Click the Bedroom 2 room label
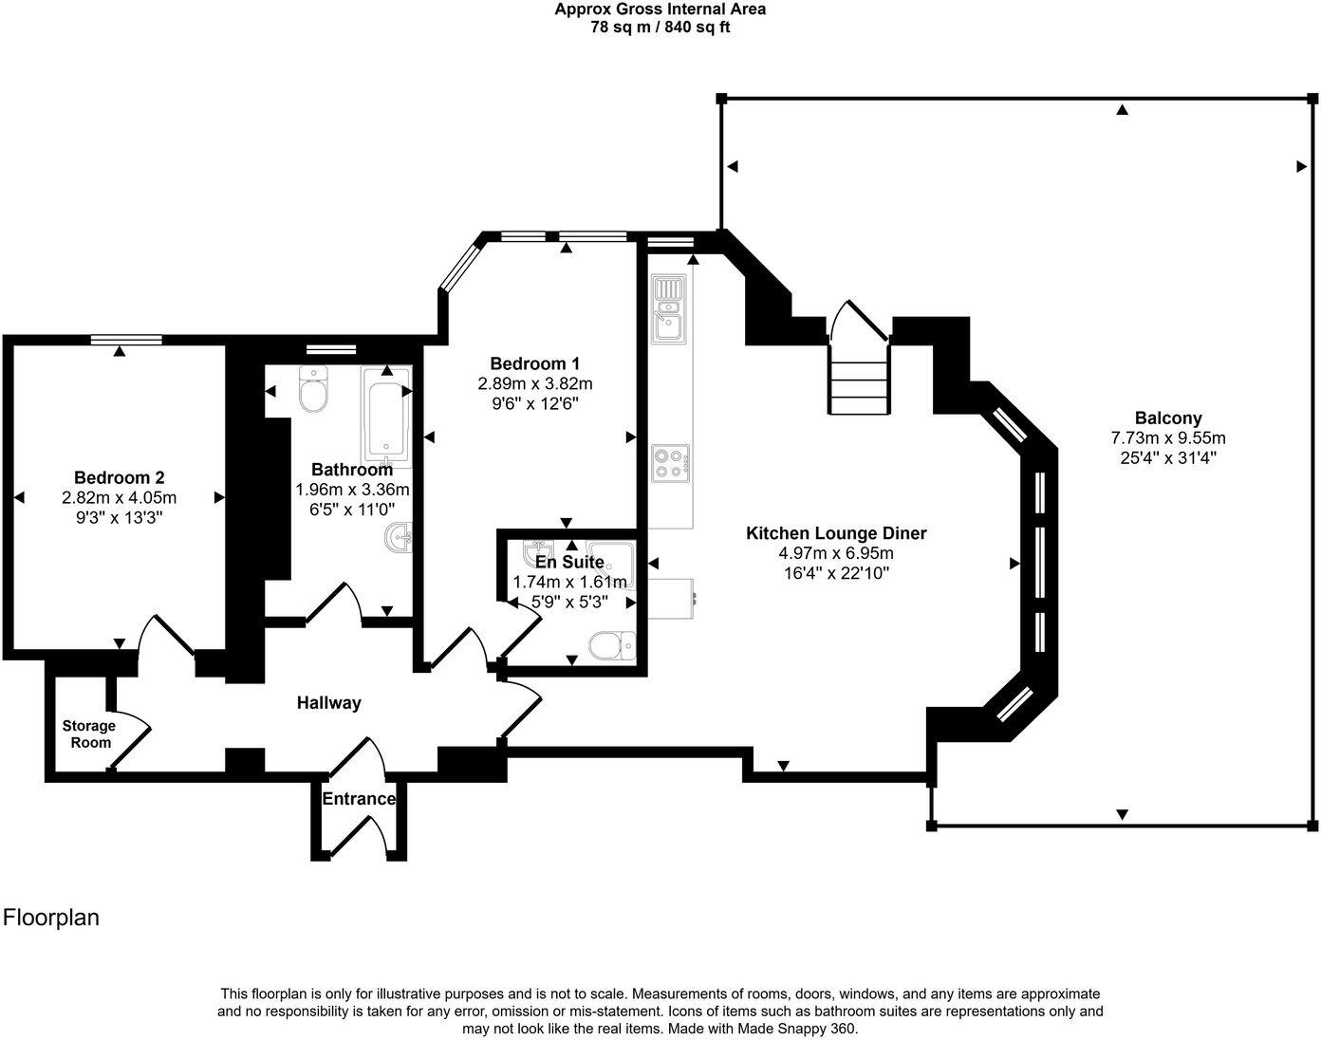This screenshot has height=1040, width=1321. [x=119, y=477]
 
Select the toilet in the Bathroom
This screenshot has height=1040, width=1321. [x=313, y=390]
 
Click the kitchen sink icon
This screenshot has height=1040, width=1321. [x=668, y=308]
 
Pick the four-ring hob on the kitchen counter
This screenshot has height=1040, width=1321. [x=669, y=464]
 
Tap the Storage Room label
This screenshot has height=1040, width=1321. [x=89, y=734]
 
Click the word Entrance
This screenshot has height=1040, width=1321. [x=359, y=799]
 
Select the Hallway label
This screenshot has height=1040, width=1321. [x=328, y=703]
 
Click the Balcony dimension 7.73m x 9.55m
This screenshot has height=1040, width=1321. [x=1168, y=438]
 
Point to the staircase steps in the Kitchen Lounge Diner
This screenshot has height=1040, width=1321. [x=860, y=380]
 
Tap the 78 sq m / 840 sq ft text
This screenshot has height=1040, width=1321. [x=660, y=27]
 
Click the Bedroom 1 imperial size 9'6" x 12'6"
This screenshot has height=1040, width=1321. [x=534, y=403]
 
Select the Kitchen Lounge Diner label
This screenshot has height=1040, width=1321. [x=835, y=533]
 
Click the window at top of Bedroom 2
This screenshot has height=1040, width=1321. [x=126, y=339]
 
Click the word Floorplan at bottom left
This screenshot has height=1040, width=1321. [x=51, y=918]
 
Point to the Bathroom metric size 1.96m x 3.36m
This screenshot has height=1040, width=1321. [x=352, y=490]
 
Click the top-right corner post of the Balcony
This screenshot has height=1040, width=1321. [x=1312, y=98]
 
